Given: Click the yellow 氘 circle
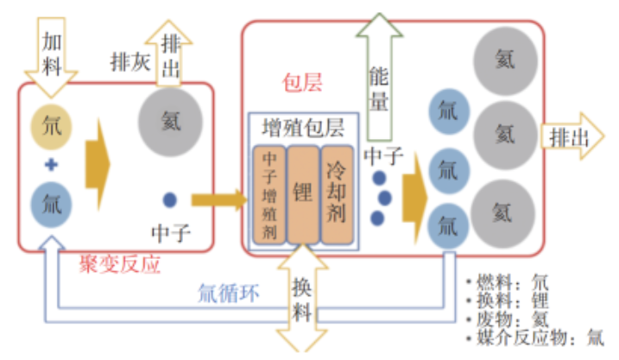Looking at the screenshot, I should pos(52,126).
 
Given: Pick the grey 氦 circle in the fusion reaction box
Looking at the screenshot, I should pos(171,122).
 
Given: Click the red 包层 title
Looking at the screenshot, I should pos(302,82).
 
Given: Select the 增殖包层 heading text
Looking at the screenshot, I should pos(302,128).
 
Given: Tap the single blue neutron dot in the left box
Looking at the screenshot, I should pos(170,199).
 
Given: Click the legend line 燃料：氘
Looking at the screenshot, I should pos(508,281).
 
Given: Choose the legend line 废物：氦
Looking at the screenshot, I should pos(508,319).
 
